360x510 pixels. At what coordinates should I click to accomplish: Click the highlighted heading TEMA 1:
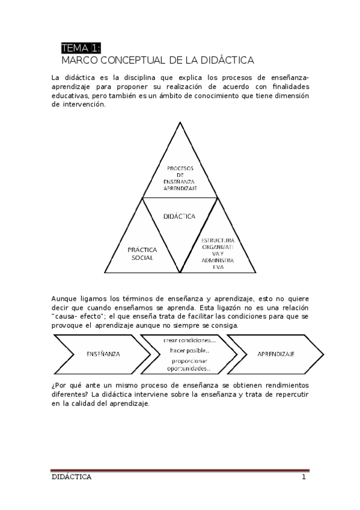[x=81, y=49]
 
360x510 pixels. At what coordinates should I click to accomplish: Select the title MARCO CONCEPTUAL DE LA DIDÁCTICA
[x=158, y=61]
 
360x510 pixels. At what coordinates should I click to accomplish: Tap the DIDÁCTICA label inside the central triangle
[x=179, y=217]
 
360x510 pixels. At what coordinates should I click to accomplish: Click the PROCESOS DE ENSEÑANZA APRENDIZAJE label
[x=179, y=178]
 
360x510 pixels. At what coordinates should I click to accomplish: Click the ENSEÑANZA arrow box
[x=103, y=354]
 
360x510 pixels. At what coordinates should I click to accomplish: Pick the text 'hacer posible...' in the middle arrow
[x=189, y=350]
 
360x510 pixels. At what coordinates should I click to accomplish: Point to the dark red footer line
[x=180, y=470]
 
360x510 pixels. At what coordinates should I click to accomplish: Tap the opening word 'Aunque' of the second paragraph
[x=64, y=299]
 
